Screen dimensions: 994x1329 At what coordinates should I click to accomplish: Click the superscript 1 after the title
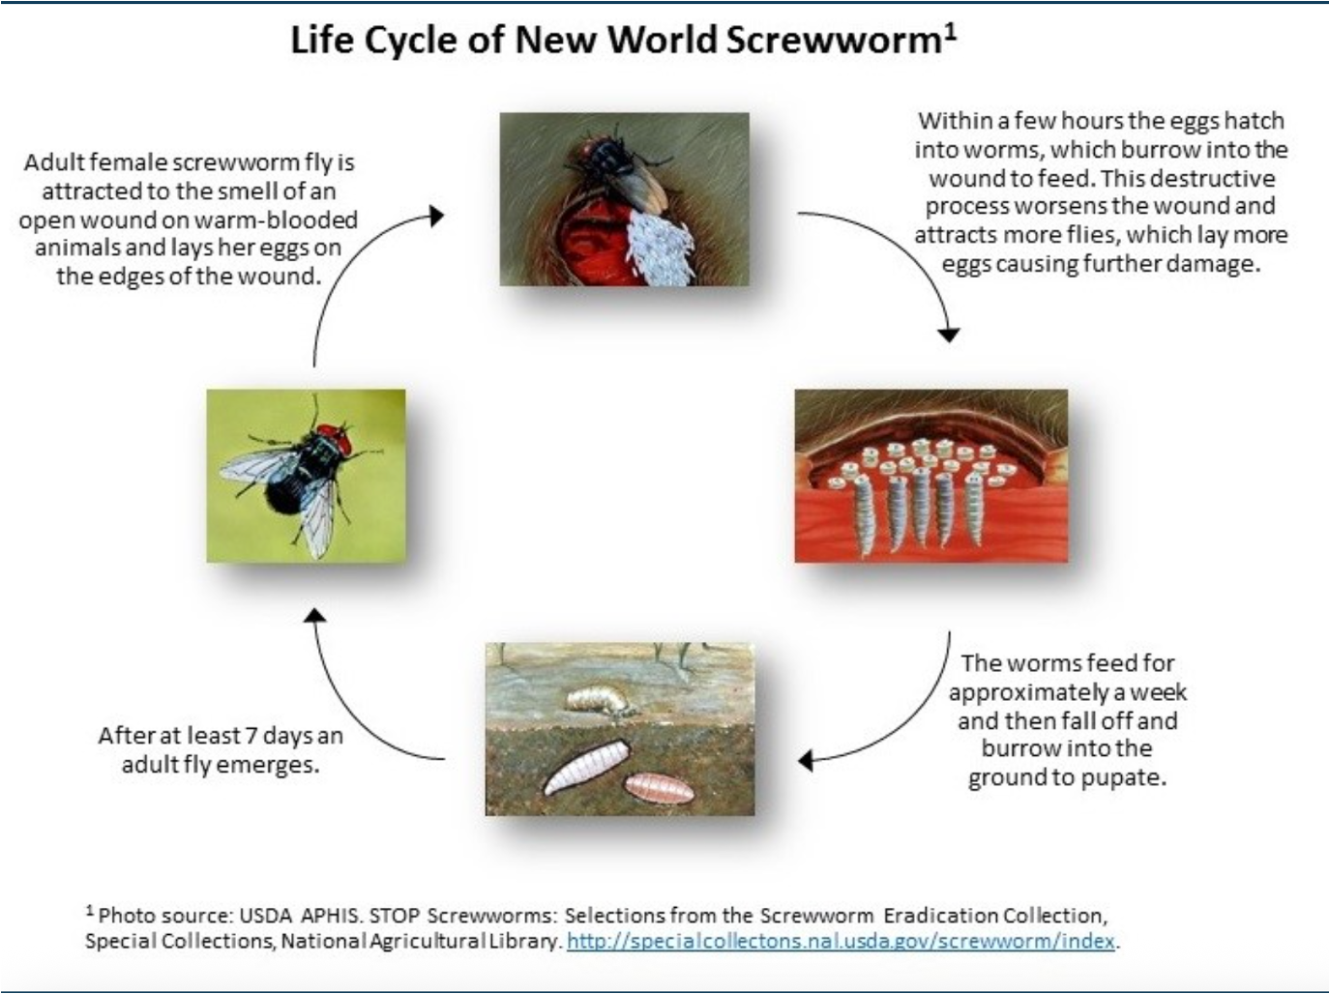951,31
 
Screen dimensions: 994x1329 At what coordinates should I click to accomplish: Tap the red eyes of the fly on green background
333,438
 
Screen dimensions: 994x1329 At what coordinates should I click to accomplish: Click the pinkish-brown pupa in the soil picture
659,786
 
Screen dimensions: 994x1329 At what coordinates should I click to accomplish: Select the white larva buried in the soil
586,767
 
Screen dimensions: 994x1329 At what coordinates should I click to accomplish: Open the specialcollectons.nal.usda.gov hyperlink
842,941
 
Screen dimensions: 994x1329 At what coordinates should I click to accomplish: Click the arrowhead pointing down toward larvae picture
949,334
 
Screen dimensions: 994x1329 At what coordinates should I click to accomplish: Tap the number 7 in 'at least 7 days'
251,736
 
